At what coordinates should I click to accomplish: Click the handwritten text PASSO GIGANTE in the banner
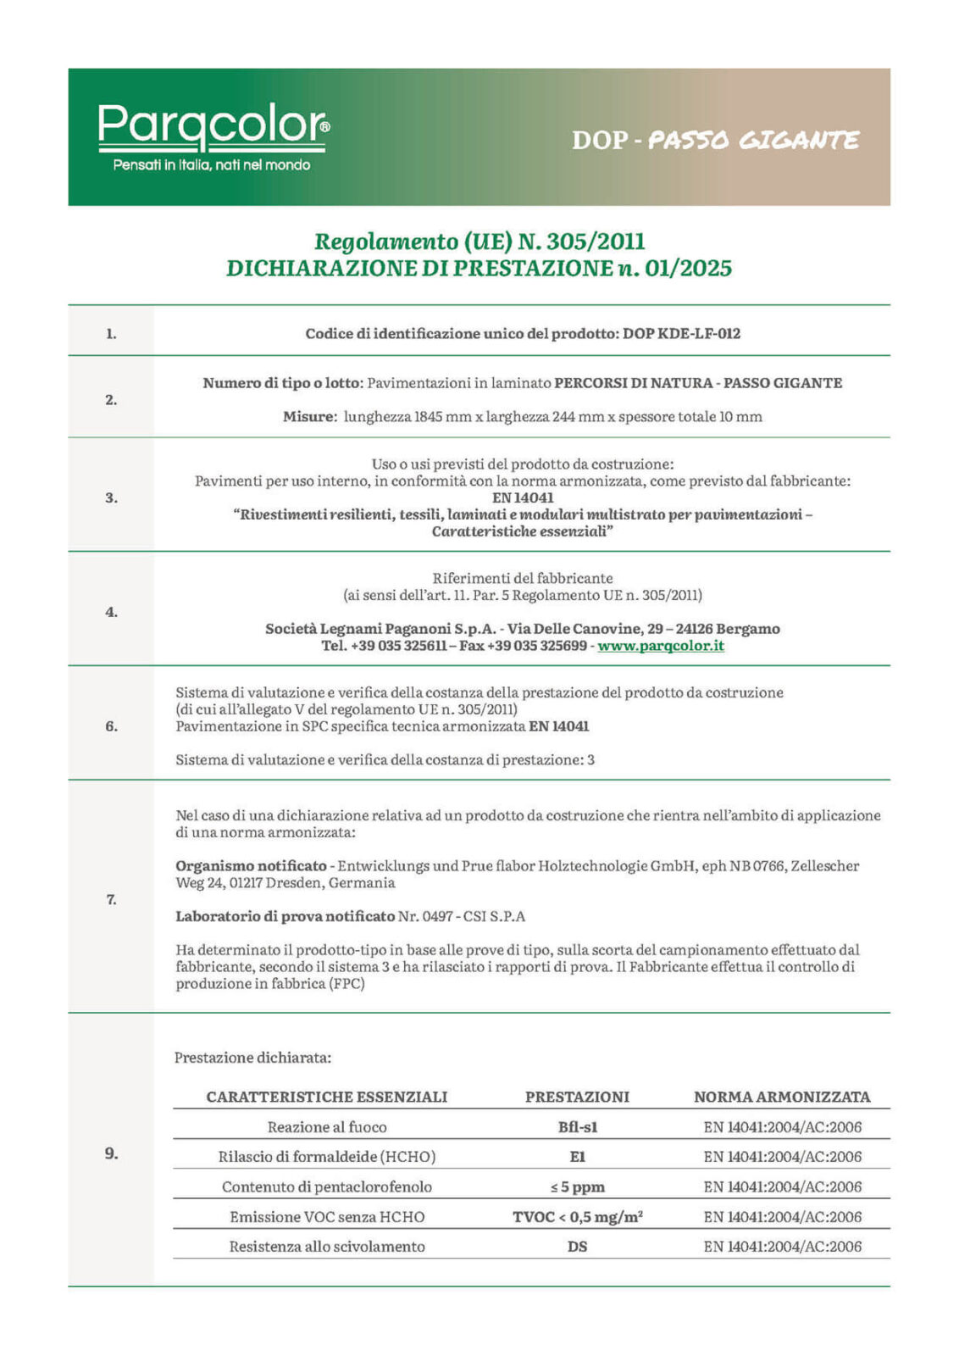(x=753, y=140)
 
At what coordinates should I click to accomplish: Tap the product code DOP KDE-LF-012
(x=681, y=334)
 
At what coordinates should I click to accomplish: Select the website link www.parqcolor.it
(x=661, y=646)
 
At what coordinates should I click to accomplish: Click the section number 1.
(x=111, y=334)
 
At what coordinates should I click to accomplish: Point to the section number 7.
(x=111, y=899)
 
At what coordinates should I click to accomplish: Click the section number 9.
(x=111, y=1153)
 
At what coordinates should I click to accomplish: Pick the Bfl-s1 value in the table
(x=577, y=1127)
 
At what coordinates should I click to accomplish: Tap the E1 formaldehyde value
(x=577, y=1157)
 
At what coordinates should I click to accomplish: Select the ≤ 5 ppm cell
(x=577, y=1186)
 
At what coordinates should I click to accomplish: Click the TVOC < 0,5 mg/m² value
(x=577, y=1217)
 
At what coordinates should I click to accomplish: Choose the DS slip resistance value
(x=577, y=1247)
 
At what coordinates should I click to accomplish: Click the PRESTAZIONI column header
(x=577, y=1097)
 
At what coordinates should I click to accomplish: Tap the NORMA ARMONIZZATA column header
(x=781, y=1097)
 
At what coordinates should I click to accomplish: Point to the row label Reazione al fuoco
(x=327, y=1127)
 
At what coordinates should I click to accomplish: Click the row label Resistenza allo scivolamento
(x=327, y=1247)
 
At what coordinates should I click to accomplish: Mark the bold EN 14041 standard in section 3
(x=522, y=498)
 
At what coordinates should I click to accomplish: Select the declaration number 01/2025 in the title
(x=688, y=269)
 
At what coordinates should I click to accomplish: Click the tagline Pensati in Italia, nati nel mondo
(x=212, y=165)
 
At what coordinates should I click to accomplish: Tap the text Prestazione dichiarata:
(x=252, y=1058)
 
